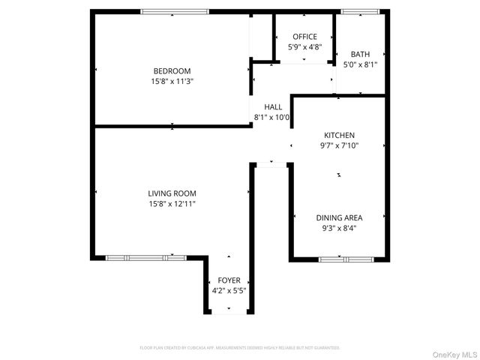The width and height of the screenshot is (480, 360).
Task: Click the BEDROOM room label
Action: pyautogui.click(x=172, y=71)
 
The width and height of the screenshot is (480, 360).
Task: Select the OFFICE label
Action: pyautogui.click(x=304, y=37)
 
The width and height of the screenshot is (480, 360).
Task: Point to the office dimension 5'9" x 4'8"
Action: pyautogui.click(x=304, y=46)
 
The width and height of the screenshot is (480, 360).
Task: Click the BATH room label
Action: pyautogui.click(x=360, y=54)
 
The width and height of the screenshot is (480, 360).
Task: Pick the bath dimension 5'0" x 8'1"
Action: pyautogui.click(x=360, y=64)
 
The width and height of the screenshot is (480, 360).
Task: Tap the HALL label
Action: pyautogui.click(x=273, y=106)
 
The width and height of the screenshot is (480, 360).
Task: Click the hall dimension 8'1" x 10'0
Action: pyautogui.click(x=273, y=117)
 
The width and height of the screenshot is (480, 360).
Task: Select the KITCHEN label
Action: pyautogui.click(x=339, y=135)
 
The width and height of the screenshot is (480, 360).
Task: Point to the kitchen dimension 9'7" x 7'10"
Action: pyautogui.click(x=339, y=145)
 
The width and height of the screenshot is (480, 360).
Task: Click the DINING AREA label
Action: pyautogui.click(x=339, y=217)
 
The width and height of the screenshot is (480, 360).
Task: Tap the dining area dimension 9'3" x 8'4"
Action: pyautogui.click(x=339, y=228)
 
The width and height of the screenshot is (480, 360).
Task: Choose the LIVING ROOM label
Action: pyautogui.click(x=172, y=193)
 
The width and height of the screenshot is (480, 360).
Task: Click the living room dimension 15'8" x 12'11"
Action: pyautogui.click(x=172, y=203)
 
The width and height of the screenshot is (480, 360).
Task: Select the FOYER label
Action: pyautogui.click(x=229, y=280)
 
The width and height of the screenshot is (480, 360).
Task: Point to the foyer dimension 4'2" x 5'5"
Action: pyautogui.click(x=229, y=291)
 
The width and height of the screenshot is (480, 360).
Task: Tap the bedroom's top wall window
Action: pyautogui.click(x=175, y=11)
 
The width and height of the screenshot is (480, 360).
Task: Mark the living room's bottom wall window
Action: pyautogui.click(x=145, y=257)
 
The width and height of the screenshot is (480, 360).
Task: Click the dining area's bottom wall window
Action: pyautogui.click(x=346, y=259)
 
